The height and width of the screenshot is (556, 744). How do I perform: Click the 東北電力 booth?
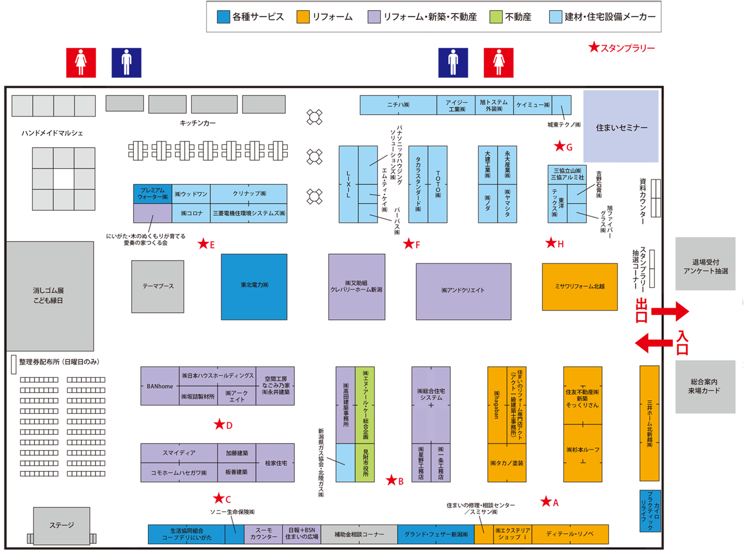(x=254, y=286)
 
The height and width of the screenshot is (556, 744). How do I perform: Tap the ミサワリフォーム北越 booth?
(x=579, y=286)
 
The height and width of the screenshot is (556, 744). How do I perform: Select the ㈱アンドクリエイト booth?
(x=463, y=291)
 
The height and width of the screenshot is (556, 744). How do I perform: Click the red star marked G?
(x=559, y=146)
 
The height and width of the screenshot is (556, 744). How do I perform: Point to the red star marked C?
(x=218, y=498)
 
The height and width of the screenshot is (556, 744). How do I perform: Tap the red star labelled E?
(x=203, y=244)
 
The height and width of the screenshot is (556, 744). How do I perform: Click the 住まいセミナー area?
(x=621, y=127)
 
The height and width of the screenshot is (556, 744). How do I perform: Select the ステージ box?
(x=62, y=525)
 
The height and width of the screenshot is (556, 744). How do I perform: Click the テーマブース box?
(x=158, y=286)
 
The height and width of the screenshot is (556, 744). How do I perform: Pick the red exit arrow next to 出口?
(x=670, y=312)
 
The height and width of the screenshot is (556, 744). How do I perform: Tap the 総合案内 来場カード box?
(x=705, y=387)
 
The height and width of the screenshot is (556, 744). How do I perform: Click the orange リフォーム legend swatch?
(x=303, y=17)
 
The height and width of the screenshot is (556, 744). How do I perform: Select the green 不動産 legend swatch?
(x=496, y=17)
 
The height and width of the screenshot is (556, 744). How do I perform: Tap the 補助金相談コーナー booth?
(x=359, y=534)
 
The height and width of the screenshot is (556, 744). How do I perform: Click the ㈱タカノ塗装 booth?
(x=506, y=463)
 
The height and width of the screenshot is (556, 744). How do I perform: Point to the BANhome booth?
(x=160, y=386)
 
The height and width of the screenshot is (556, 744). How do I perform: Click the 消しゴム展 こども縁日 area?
(x=50, y=296)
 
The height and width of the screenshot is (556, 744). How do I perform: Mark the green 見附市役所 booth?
(x=365, y=463)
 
